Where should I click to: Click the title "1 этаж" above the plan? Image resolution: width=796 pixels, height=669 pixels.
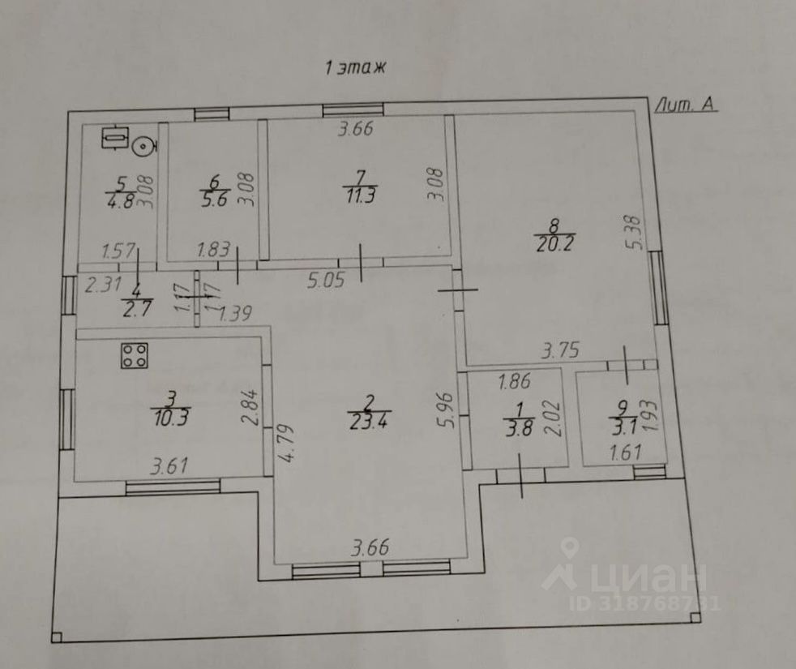[x=357, y=69]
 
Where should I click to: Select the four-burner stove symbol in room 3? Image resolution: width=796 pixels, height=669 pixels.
[x=135, y=355]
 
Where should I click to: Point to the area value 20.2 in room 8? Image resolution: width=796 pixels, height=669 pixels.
[x=554, y=243]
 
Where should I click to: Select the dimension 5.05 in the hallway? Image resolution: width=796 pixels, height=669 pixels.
[x=327, y=281]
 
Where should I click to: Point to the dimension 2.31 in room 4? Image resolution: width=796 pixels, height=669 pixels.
[x=102, y=284]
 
